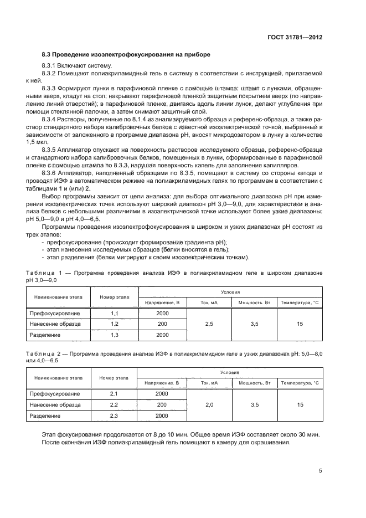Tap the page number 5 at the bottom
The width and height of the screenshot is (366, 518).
[320, 470]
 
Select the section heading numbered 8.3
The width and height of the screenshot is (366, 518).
[126, 55]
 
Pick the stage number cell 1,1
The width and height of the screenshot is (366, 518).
[115, 313]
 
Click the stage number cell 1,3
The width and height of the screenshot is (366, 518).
[115, 335]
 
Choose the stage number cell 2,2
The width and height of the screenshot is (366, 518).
[115, 404]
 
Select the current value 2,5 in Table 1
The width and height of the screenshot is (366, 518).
[209, 324]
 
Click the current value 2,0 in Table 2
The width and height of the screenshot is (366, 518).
[209, 404]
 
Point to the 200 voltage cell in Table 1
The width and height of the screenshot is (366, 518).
[162, 324]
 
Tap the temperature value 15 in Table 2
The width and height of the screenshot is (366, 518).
[300, 404]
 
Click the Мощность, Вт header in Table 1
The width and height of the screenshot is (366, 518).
[254, 302]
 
